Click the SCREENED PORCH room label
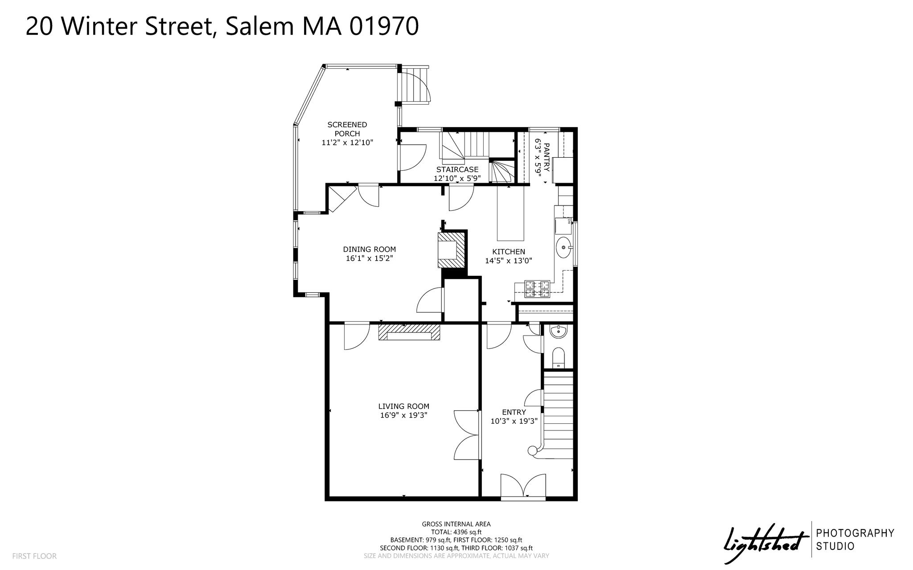[x=347, y=129]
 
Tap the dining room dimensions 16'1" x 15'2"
[x=369, y=258]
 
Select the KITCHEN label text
[x=508, y=252]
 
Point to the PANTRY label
[x=547, y=157]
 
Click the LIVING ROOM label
[x=403, y=406]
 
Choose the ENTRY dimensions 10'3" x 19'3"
[x=514, y=421]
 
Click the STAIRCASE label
[x=457, y=169]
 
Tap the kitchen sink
[x=564, y=247]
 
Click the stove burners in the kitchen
[x=537, y=288]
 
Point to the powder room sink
[x=558, y=331]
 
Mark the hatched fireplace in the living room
[x=409, y=332]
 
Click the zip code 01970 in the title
[x=383, y=27]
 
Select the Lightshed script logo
[x=766, y=542]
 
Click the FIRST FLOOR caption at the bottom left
[x=34, y=556]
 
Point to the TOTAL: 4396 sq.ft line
[x=456, y=532]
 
